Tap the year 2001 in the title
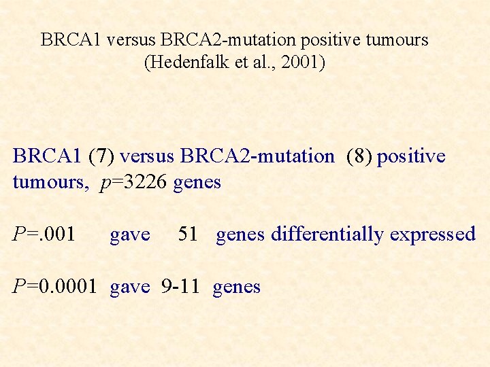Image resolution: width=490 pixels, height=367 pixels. tap(301, 63)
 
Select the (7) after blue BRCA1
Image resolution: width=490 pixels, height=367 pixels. tap(102, 156)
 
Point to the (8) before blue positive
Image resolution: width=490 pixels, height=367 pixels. tap(359, 156)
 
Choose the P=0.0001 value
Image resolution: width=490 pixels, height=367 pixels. tap(58, 287)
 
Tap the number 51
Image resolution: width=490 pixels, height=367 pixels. tap(187, 234)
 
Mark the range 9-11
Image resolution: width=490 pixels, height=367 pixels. tap(180, 287)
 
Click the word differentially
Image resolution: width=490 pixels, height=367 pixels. tap(327, 234)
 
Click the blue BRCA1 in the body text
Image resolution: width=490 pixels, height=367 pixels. tap(47, 156)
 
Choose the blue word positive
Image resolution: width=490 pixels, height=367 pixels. tap(411, 156)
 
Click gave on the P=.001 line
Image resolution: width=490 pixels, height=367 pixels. tap(129, 234)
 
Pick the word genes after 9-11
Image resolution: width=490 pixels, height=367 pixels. tap(236, 287)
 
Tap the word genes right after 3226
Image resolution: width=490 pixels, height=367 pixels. tap(197, 183)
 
